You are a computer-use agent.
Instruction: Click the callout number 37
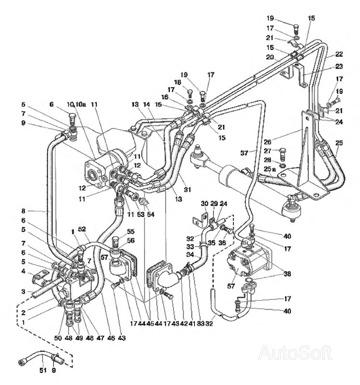pos(244,153)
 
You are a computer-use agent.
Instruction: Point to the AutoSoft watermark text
pos(295,354)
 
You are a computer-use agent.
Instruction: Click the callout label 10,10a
pos(77,104)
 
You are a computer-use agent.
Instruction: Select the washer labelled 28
pos(283,166)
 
